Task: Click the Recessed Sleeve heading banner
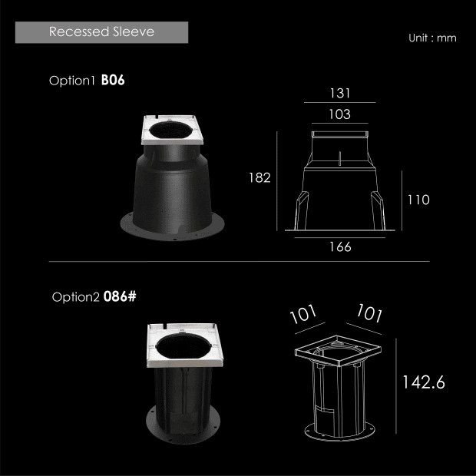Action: tap(101, 32)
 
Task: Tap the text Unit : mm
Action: tap(432, 38)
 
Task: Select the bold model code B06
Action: tap(113, 80)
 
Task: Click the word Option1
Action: tap(72, 81)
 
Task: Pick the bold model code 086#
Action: tap(120, 296)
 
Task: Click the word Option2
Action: tap(75, 297)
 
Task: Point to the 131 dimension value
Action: tap(340, 93)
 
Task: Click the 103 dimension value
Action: tap(339, 114)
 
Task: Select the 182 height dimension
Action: tap(259, 178)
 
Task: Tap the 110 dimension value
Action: tap(418, 200)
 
